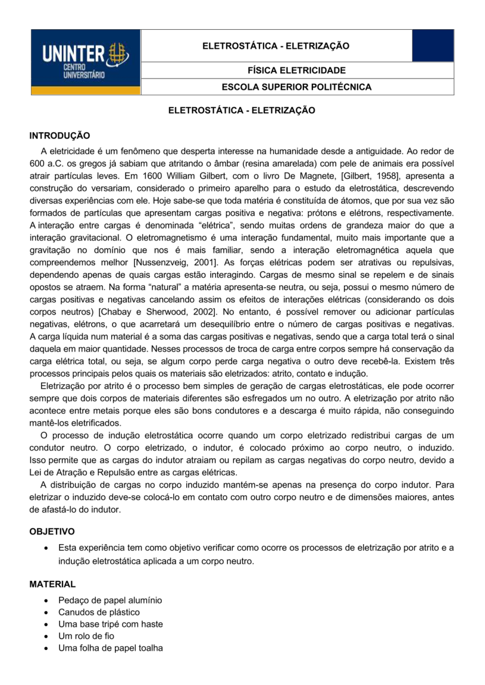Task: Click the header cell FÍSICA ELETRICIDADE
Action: point(276,70)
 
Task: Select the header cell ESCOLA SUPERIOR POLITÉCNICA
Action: point(276,87)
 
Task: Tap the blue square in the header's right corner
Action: point(433,46)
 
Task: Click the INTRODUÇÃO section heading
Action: point(59,136)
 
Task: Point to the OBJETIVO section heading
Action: point(52,531)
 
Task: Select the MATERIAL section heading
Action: point(52,584)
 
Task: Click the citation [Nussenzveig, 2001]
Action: point(176,262)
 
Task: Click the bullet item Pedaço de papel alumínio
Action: point(110,601)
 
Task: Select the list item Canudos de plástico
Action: point(99,612)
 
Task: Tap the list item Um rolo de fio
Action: point(86,636)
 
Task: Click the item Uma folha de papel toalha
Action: point(111,648)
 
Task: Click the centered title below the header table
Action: point(242,111)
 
